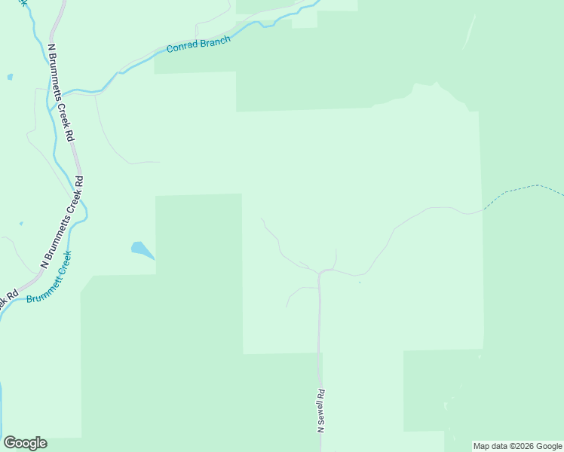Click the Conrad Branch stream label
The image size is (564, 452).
tap(198, 44)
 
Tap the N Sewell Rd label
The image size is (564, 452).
tap(321, 411)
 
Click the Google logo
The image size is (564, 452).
tap(25, 443)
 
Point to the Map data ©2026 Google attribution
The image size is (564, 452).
tap(518, 446)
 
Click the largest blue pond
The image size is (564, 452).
tap(141, 249)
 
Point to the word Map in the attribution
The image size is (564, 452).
tap(483, 446)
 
